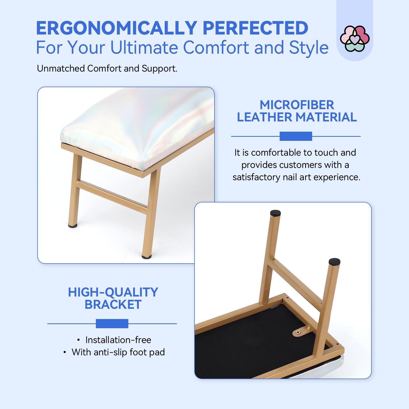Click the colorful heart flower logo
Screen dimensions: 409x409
[355, 39]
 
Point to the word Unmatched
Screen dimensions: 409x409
[61, 69]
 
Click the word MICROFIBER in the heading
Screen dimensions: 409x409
[297, 105]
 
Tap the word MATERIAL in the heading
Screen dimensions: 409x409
[326, 117]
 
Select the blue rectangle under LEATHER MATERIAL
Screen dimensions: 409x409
[296, 136]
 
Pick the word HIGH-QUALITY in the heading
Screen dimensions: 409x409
[113, 292]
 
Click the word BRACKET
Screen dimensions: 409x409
[113, 304]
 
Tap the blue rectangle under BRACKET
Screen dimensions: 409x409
[112, 324]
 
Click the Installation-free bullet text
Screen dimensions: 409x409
[118, 340]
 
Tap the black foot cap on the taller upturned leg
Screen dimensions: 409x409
[275, 213]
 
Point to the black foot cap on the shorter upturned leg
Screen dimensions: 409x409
[334, 262]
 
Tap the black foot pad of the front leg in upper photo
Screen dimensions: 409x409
[147, 256]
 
